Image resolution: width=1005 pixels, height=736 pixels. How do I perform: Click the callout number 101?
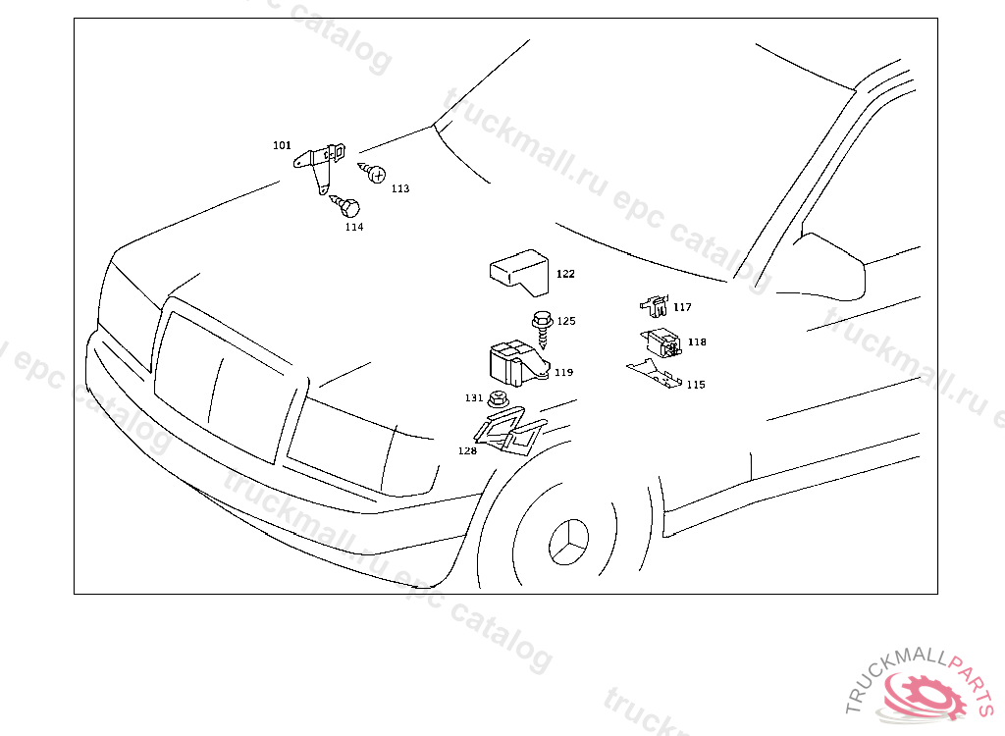[x=282, y=145]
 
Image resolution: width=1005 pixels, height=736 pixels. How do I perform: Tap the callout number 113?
[x=400, y=188]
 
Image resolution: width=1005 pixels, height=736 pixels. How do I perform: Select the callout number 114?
[x=354, y=227]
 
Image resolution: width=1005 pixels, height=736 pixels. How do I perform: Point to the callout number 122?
[x=565, y=274]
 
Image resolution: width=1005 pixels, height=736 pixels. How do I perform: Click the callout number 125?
[x=566, y=321]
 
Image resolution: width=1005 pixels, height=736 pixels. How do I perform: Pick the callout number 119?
[x=564, y=373]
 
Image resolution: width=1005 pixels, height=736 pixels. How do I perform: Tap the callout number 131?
[x=474, y=398]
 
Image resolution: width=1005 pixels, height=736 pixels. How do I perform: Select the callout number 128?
[x=467, y=450]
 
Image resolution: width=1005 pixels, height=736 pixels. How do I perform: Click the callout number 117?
[x=683, y=307]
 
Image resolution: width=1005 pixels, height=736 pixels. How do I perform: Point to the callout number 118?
[x=698, y=342]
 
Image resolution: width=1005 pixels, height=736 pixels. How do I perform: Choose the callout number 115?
[x=696, y=385]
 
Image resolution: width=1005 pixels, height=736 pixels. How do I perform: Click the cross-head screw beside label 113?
[x=372, y=171]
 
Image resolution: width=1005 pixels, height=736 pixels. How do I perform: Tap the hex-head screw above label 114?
[x=345, y=205]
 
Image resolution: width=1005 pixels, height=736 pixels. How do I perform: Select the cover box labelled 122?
[x=520, y=273]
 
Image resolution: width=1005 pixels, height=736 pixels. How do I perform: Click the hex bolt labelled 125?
[x=543, y=327]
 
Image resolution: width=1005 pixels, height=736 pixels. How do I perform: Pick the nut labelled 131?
[x=498, y=398]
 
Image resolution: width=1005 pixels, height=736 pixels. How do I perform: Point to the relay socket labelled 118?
[x=661, y=343]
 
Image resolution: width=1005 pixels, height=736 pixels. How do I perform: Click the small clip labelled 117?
[x=655, y=305]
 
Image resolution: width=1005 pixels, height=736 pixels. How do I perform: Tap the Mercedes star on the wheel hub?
[x=568, y=543]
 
